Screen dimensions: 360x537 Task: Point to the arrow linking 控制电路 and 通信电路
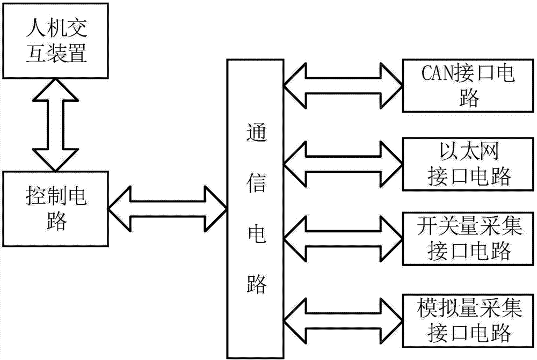167,207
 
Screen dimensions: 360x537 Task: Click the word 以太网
467,152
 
